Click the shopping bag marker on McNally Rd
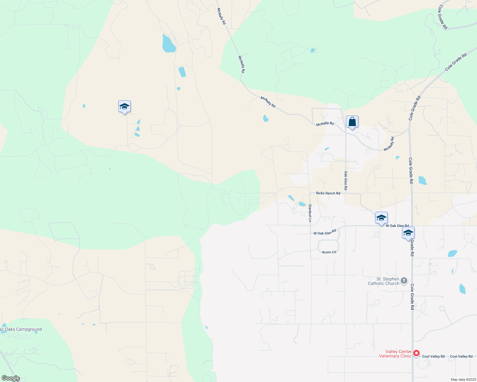[x=352, y=122]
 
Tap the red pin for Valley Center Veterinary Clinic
[x=416, y=353]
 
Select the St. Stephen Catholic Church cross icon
[x=404, y=281]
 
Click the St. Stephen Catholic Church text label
[x=384, y=281]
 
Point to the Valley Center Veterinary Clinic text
[x=395, y=354]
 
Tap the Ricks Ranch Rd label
[x=328, y=193]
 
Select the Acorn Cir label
[x=329, y=252]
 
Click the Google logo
[x=11, y=378]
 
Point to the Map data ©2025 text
[x=463, y=379]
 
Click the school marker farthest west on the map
[x=124, y=107]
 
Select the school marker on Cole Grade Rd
[x=408, y=233]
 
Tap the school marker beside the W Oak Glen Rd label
[x=381, y=218]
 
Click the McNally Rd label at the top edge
[x=221, y=16]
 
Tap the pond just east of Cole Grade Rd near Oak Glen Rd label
[x=422, y=180]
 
